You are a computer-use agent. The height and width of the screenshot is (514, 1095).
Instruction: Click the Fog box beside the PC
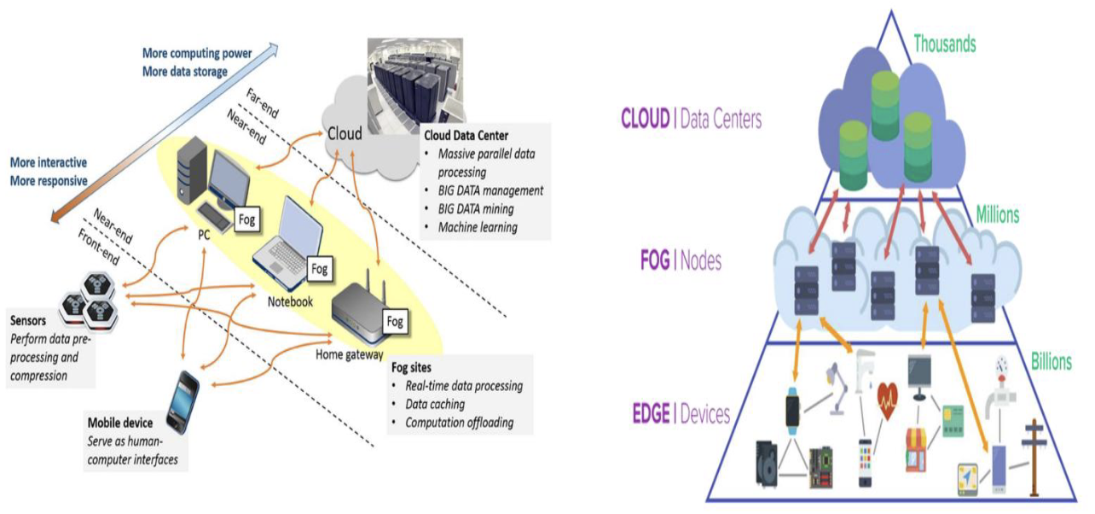tap(247, 219)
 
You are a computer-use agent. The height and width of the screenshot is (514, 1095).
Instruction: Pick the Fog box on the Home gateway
tap(395, 322)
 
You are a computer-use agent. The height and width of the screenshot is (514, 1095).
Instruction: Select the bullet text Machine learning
tap(478, 227)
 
